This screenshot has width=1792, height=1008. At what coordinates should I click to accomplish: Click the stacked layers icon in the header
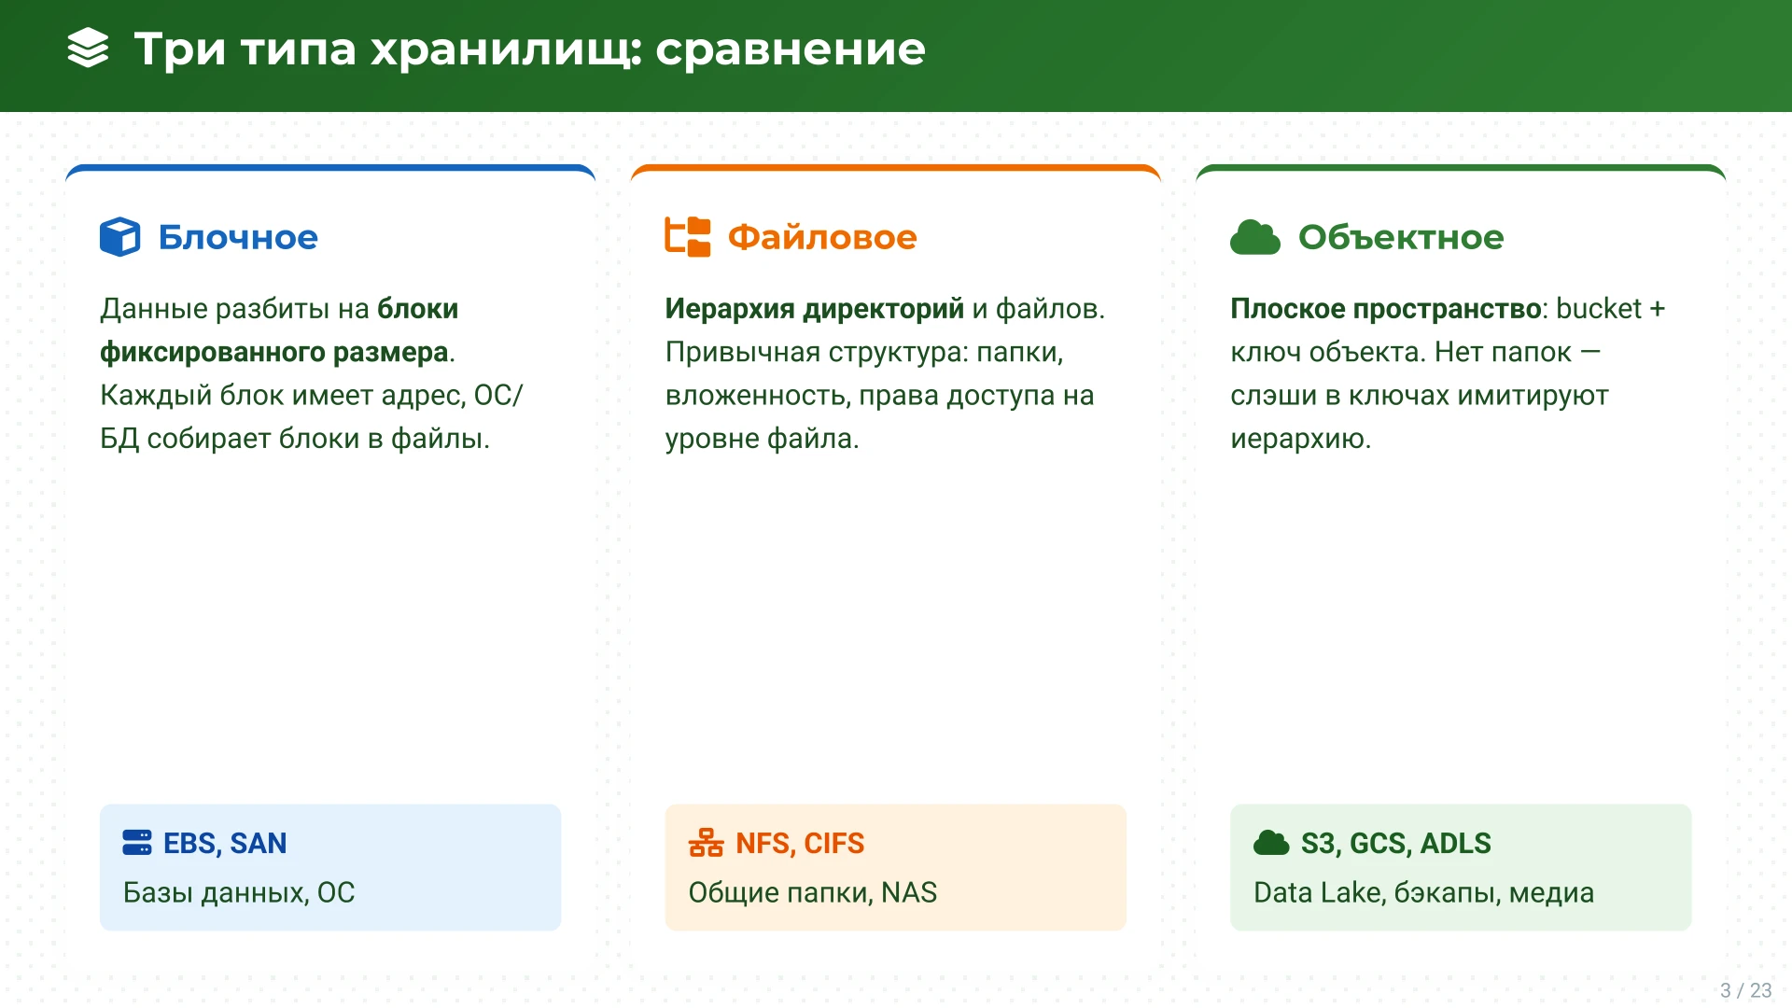coord(89,49)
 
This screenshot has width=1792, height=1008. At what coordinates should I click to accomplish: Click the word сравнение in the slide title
coord(790,49)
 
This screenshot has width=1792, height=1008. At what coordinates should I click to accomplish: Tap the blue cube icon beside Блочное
coord(119,237)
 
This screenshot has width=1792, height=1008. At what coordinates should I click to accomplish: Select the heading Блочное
coord(238,237)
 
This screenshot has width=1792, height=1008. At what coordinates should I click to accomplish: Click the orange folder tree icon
coord(687,237)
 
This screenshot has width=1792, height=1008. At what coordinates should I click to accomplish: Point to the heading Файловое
coord(821,237)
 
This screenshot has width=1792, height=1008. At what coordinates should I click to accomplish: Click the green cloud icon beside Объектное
coord(1254,237)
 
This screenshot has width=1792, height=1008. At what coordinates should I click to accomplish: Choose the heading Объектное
coord(1400,237)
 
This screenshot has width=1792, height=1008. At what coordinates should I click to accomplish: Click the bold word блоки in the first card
coord(417,309)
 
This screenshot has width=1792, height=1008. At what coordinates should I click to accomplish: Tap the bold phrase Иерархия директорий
coord(814,309)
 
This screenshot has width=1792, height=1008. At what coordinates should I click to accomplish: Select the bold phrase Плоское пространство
coord(1384,309)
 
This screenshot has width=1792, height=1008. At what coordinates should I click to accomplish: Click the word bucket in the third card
coord(1598,309)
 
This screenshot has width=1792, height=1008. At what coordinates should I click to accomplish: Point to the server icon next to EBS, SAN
coord(136,843)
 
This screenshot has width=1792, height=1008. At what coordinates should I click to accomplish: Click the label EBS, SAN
coord(225,843)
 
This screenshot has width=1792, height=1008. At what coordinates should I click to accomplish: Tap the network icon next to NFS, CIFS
coord(706,843)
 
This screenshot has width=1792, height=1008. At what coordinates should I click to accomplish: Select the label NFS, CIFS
coord(800,843)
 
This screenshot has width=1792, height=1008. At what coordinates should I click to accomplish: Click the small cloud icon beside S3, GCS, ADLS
coord(1270,843)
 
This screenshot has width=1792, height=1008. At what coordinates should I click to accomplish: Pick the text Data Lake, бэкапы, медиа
coord(1423,892)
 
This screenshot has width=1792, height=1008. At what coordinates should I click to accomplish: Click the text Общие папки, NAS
coord(812,892)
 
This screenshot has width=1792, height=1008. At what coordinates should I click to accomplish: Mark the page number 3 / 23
coord(1745,990)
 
